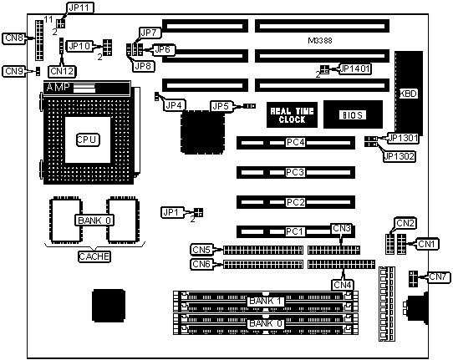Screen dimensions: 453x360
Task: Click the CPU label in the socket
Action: [88, 140]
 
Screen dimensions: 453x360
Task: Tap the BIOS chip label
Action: [353, 115]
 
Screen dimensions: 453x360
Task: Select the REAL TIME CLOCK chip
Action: [292, 115]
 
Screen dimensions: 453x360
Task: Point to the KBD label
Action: [408, 94]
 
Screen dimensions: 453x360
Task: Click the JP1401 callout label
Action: [355, 68]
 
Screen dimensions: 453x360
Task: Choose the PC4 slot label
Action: [295, 142]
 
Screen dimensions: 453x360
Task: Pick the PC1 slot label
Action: [295, 231]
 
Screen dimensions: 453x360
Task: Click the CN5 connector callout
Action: [201, 250]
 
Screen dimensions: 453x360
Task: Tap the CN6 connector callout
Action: [201, 264]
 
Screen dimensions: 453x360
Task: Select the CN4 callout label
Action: [343, 285]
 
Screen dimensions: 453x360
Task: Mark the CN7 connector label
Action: [438, 276]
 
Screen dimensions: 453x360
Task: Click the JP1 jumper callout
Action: [171, 213]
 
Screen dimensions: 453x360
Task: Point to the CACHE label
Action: [94, 256]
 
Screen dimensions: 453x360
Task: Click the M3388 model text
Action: [320, 41]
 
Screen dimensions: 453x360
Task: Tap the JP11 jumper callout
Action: [79, 8]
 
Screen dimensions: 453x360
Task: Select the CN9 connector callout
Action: [14, 71]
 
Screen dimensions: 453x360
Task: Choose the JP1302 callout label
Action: [399, 156]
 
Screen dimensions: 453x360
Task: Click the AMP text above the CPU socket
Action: [58, 87]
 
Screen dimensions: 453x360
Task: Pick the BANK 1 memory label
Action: [265, 301]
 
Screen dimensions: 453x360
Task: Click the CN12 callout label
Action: [62, 71]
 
